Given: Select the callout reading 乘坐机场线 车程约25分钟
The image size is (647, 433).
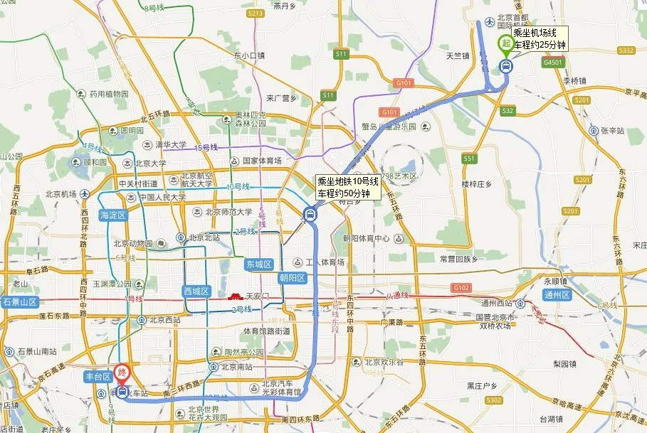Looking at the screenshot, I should [540, 38].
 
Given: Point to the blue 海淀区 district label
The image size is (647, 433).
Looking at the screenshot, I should [112, 215].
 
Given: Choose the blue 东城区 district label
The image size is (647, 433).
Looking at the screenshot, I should [260, 264].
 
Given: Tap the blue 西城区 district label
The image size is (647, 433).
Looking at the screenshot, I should [197, 292].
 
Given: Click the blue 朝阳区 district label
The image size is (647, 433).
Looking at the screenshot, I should [292, 278].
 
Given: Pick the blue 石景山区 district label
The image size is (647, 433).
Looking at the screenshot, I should [19, 301].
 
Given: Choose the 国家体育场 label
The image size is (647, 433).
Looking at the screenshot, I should [261, 161].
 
